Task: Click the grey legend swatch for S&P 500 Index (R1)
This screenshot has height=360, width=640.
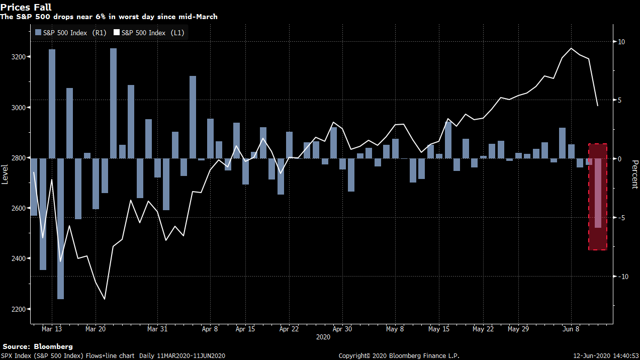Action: tap(38, 33)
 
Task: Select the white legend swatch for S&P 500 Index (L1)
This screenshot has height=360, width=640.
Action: tap(117, 33)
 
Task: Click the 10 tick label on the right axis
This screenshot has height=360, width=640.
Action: tap(621, 42)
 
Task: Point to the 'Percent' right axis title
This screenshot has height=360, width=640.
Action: tap(634, 174)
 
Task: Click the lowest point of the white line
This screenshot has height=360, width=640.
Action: tap(105, 299)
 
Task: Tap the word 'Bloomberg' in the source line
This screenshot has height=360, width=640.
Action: tap(53, 346)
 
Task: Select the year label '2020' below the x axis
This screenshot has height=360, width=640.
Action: tap(323, 337)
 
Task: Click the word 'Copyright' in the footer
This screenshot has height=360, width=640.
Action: tap(353, 355)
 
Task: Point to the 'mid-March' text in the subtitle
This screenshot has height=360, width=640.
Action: tap(198, 17)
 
